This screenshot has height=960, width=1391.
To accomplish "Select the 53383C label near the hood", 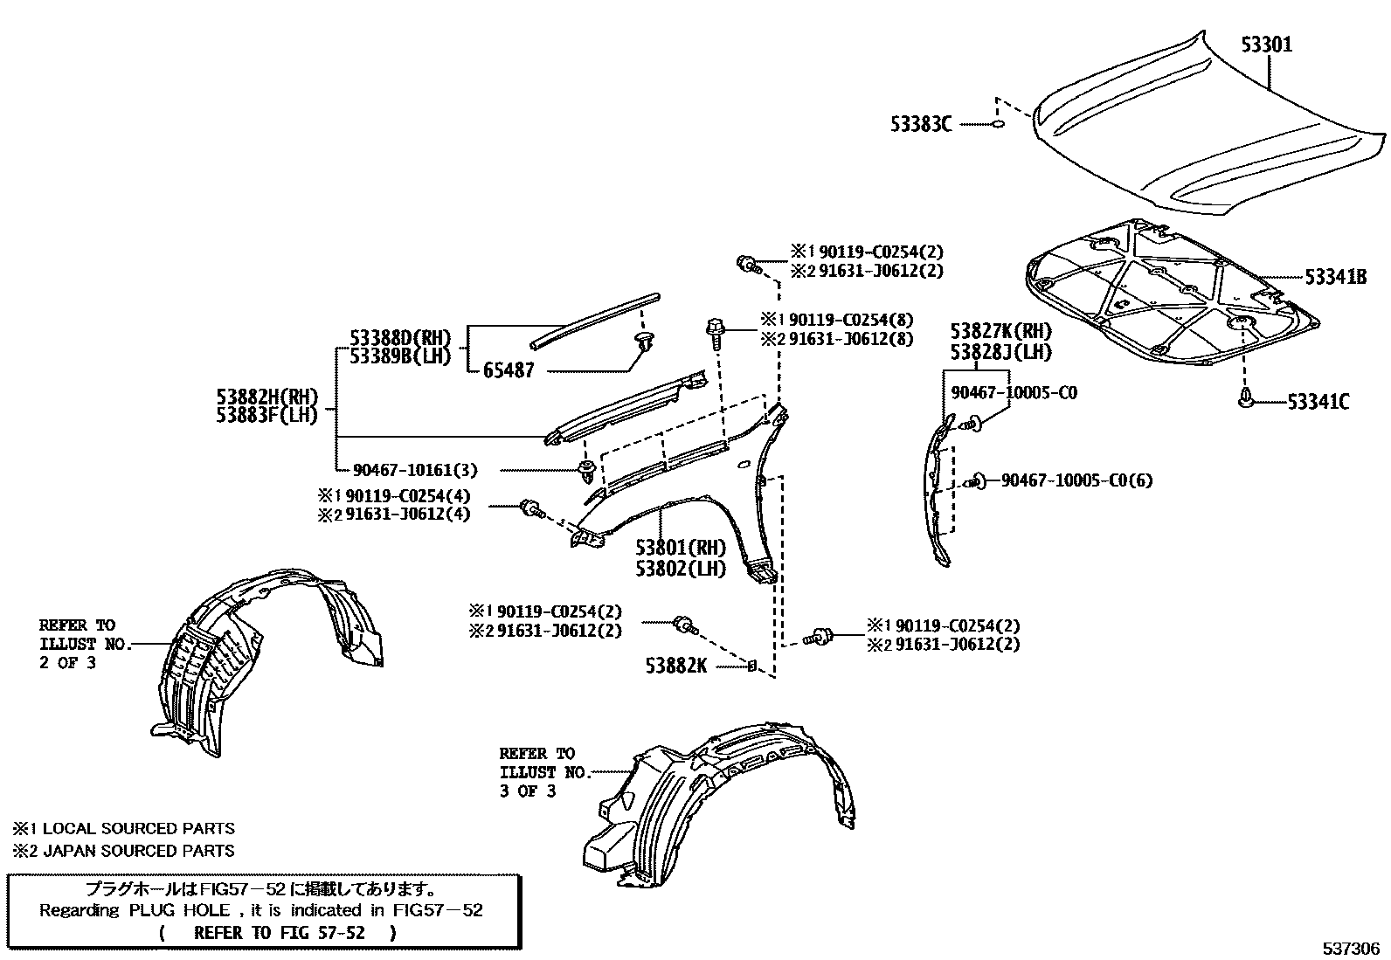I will pos(921,125).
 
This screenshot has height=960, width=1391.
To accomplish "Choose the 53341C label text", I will pos(1318,402).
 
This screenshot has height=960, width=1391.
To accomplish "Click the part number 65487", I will pos(509,370).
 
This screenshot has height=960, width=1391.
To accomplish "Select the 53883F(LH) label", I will pos(266,416).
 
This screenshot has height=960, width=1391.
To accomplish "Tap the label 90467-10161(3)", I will pos(415,470).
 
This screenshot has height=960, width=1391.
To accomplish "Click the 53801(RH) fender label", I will pos(681,548).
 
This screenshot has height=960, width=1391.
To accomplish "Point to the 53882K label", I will pos(676,666).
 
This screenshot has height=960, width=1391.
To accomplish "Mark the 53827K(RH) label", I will pos(1000,331).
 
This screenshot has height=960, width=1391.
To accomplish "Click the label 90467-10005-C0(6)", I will pos(1076,480).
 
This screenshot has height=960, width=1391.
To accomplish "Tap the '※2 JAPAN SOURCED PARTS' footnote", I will pos(123,850).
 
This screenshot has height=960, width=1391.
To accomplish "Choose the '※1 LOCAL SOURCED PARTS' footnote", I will pos(123,828).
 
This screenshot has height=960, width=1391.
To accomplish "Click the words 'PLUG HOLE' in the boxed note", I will pos(181,910).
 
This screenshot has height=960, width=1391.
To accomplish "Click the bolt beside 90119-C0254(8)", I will pos(712,333).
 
